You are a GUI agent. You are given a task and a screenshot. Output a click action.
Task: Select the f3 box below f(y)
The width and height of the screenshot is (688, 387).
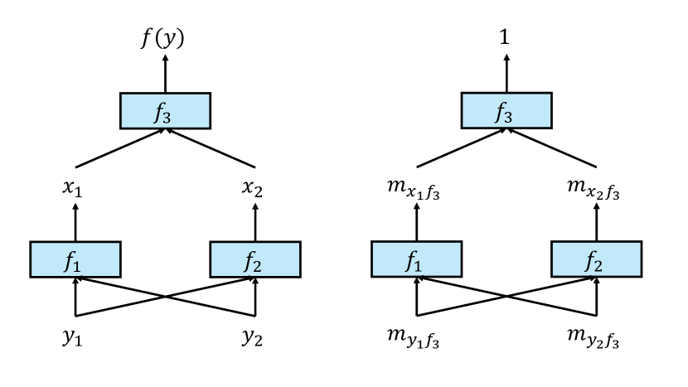point(166,111)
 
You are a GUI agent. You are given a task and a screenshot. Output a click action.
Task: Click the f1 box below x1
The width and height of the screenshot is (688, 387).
point(75,259)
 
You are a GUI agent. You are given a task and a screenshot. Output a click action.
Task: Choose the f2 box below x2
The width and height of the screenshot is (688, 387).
point(255,259)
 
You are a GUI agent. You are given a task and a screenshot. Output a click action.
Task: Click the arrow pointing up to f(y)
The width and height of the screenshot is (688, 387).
point(166,73)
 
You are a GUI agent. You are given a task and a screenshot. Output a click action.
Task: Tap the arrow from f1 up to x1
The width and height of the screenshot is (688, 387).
point(75,222)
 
